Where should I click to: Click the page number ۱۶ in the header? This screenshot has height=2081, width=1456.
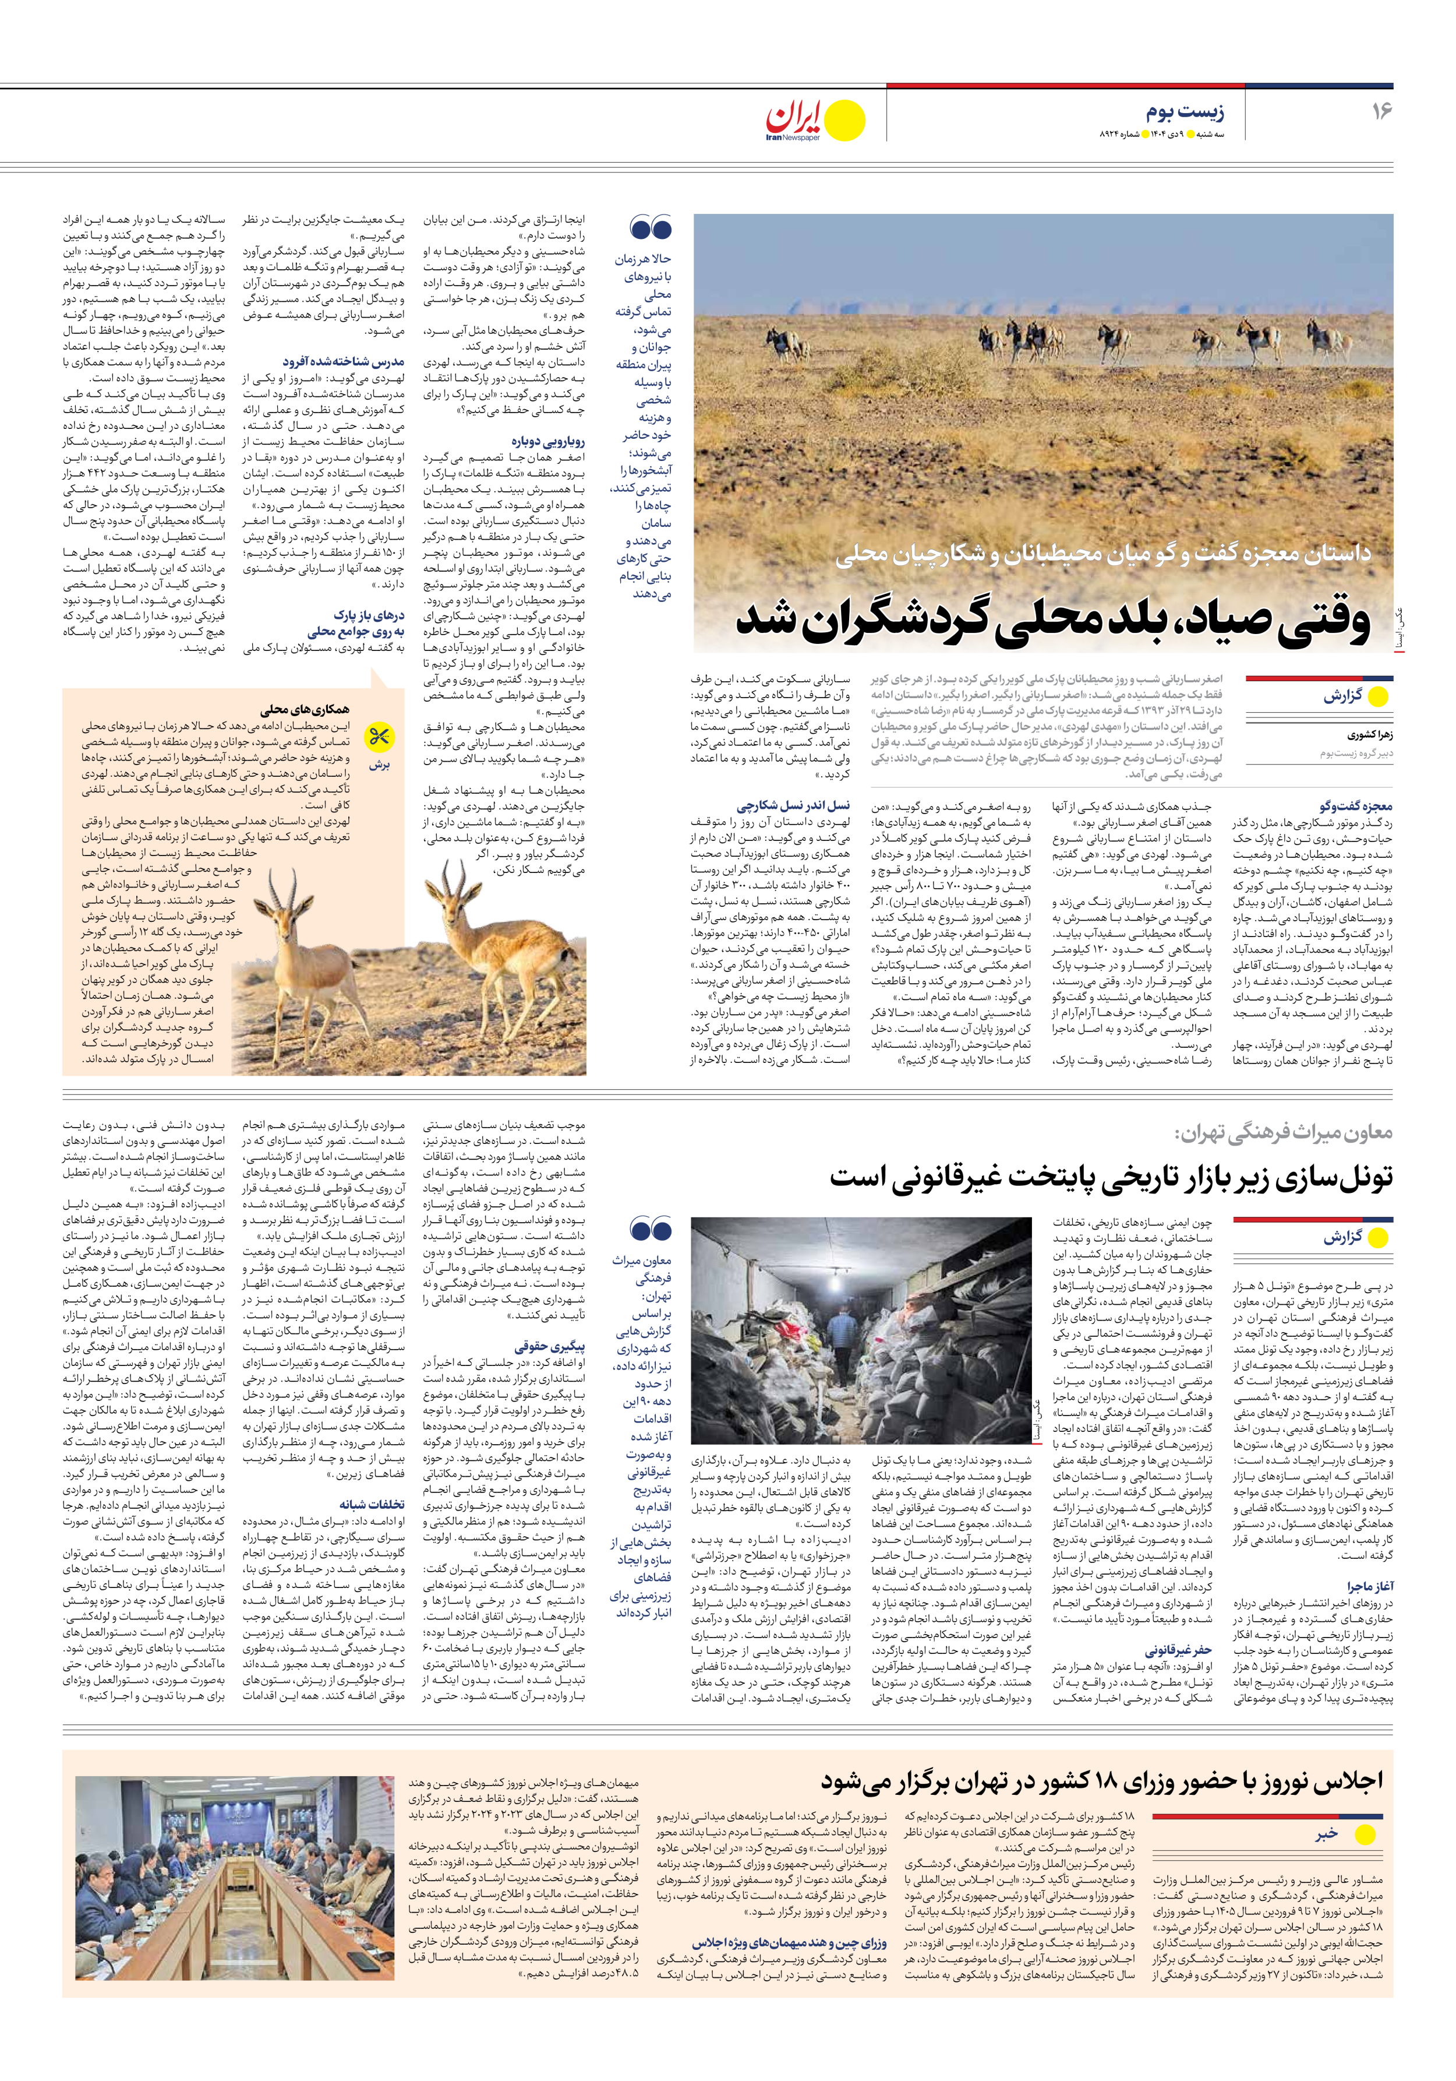coord(1381,111)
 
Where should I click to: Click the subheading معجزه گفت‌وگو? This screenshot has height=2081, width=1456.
coord(1356,806)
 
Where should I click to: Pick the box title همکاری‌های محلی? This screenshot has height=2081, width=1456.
coord(305,710)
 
